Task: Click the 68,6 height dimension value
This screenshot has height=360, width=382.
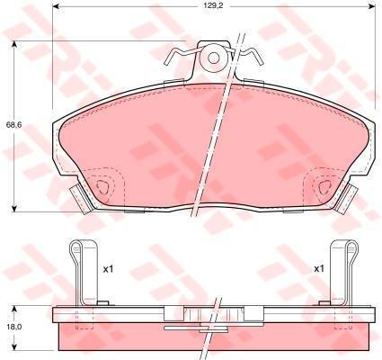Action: point(13,125)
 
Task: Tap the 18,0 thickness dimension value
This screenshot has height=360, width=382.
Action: point(13,327)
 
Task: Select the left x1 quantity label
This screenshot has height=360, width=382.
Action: point(108,269)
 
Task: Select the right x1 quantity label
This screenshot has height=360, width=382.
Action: point(319,269)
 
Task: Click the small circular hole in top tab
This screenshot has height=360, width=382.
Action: point(213,58)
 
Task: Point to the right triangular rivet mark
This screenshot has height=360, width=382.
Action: point(324,187)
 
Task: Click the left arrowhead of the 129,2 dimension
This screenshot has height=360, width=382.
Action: point(57,6)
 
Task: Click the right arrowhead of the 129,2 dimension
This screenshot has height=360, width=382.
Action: point(371,6)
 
